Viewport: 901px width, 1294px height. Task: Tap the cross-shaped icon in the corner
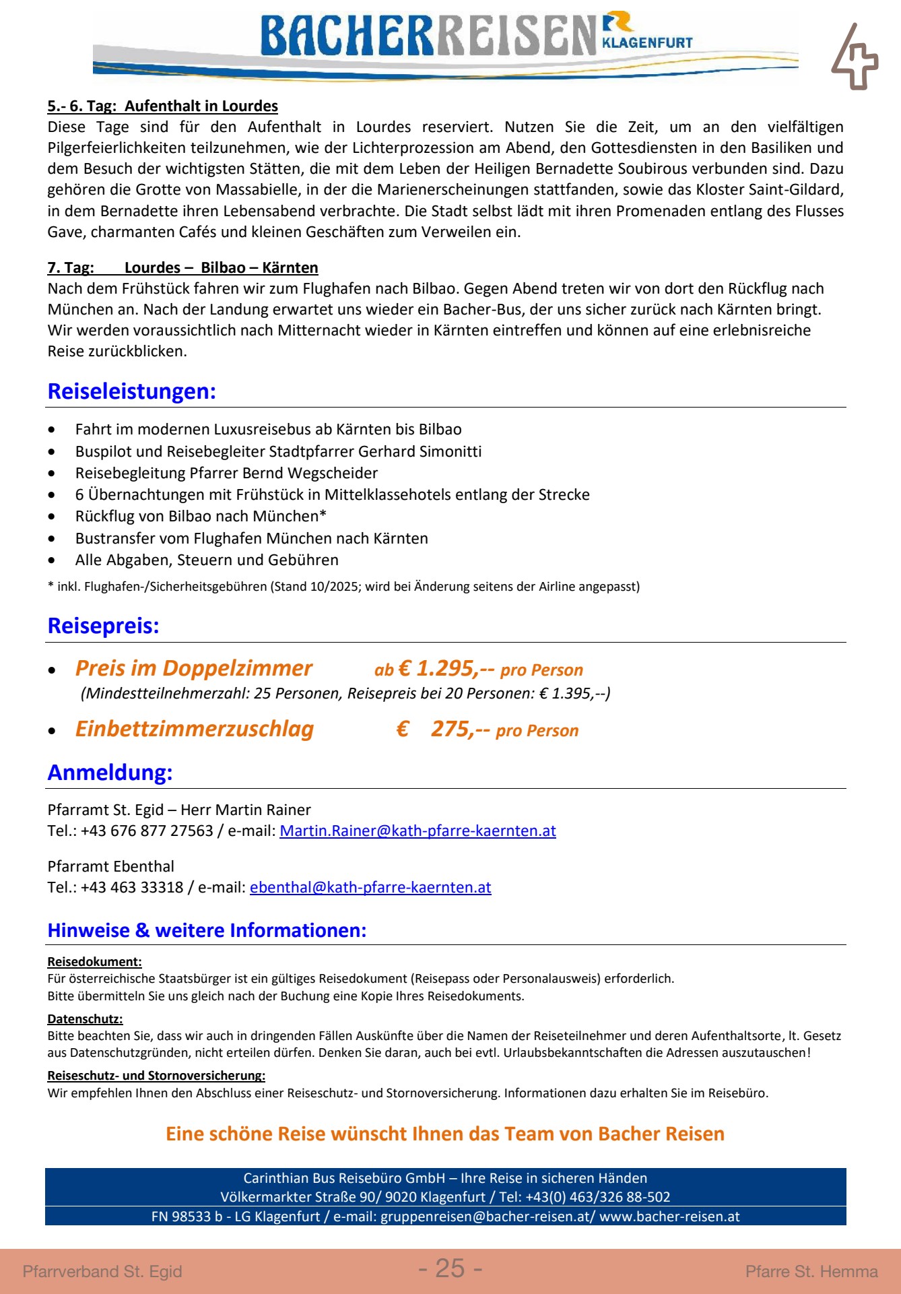[x=854, y=58]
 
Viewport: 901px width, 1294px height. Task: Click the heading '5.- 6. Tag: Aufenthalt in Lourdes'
[x=162, y=106]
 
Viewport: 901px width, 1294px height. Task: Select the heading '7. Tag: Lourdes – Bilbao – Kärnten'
[x=182, y=267]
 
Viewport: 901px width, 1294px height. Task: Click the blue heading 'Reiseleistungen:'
[x=132, y=391]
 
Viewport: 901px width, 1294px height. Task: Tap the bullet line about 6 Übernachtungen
[x=332, y=494]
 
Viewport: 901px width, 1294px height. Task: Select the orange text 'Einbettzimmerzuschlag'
[x=195, y=729]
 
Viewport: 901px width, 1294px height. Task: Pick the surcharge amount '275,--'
[x=460, y=729]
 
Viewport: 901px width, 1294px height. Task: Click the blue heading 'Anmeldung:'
[x=110, y=773]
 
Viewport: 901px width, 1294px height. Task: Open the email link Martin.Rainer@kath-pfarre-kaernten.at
[x=418, y=831]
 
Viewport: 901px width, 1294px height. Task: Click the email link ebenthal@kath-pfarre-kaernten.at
[x=370, y=887]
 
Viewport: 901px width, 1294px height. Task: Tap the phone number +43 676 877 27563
[x=147, y=831]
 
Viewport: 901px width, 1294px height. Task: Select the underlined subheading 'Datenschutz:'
[x=85, y=1019]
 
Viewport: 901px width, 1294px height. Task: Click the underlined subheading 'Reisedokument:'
[x=94, y=962]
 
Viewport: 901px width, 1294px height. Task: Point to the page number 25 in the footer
[x=450, y=1268]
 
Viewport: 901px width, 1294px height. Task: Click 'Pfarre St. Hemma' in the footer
[x=811, y=1271]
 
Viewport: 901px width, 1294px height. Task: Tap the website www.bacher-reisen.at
[x=669, y=1217]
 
